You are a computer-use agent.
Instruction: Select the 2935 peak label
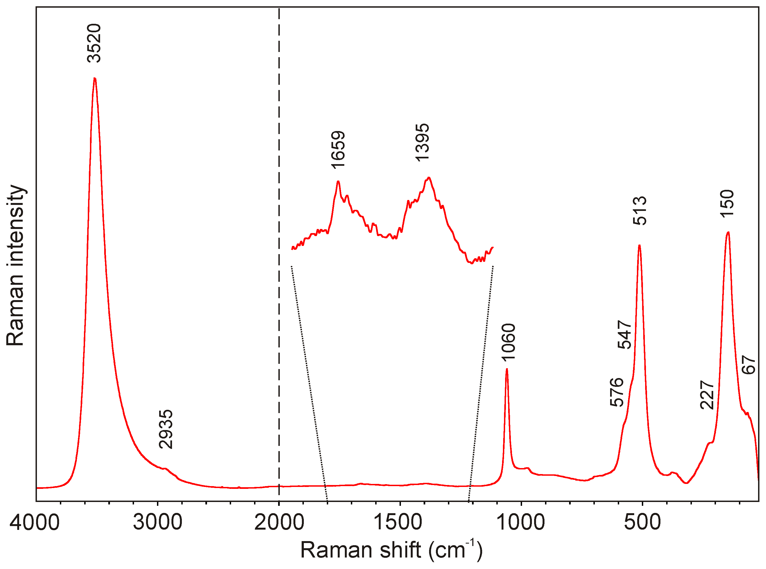click(x=166, y=429)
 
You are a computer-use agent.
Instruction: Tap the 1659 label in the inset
click(x=338, y=150)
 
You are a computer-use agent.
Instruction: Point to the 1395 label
click(x=422, y=142)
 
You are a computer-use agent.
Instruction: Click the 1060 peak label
click(x=508, y=342)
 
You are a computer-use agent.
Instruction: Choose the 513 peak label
click(x=640, y=210)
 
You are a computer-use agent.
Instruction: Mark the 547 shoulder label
click(x=624, y=335)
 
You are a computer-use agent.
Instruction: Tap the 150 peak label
click(x=727, y=203)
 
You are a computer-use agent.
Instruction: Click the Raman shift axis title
click(x=391, y=550)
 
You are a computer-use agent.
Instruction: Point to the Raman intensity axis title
click(x=16, y=265)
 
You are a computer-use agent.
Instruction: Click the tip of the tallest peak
click(x=94, y=78)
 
